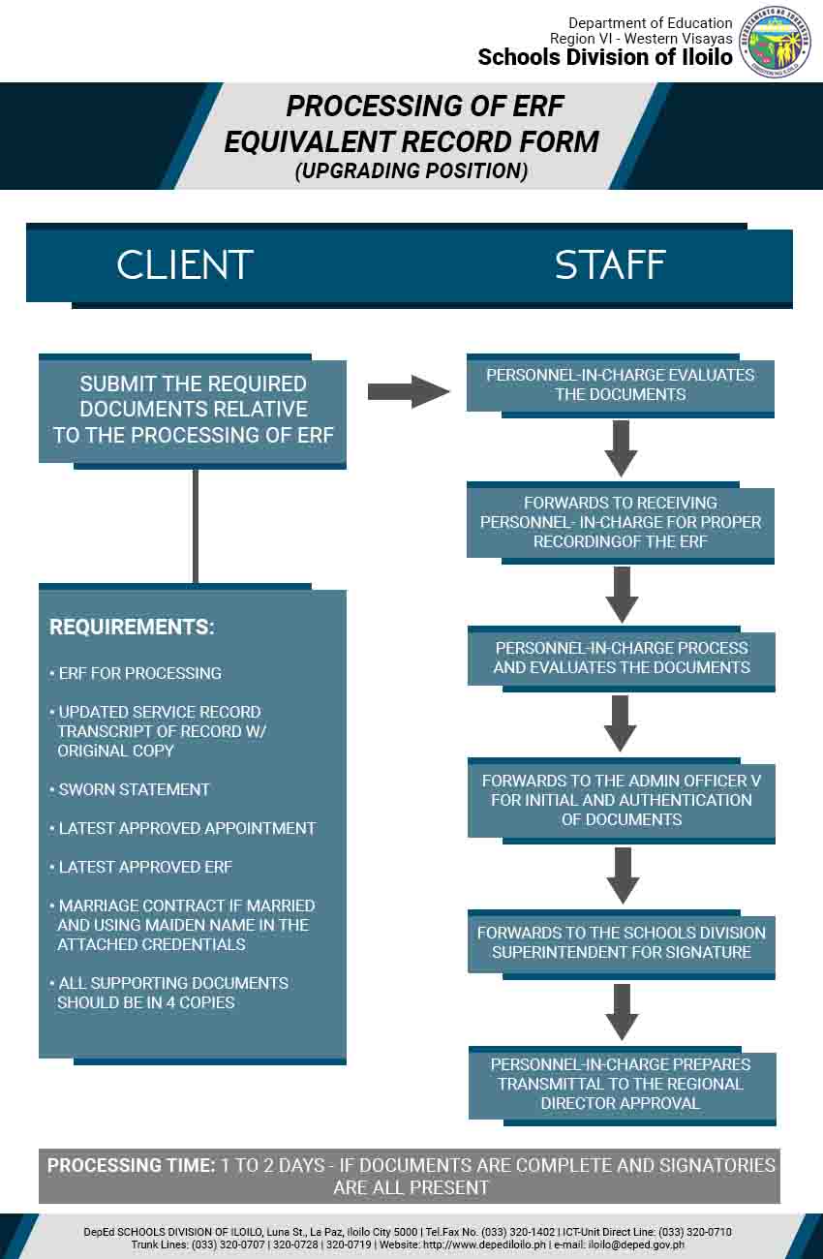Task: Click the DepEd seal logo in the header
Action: pyautogui.click(x=775, y=42)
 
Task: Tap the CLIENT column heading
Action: pyautogui.click(x=185, y=265)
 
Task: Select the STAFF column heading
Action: pyautogui.click(x=610, y=265)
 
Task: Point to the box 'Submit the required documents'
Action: pyautogui.click(x=193, y=410)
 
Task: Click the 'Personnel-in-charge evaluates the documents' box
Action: pyautogui.click(x=620, y=384)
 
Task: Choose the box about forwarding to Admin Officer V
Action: pyautogui.click(x=621, y=800)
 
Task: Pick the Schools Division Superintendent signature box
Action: pyautogui.click(x=621, y=942)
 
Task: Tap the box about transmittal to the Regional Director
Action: pyautogui.click(x=621, y=1084)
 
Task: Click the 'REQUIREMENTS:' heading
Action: pyautogui.click(x=132, y=627)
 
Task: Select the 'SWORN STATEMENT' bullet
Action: pyautogui.click(x=134, y=789)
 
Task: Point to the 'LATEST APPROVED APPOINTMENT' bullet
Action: pyautogui.click(x=187, y=828)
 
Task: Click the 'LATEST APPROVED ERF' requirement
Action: pyautogui.click(x=145, y=867)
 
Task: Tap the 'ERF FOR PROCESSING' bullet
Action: pyautogui.click(x=139, y=673)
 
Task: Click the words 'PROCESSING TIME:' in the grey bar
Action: pyautogui.click(x=131, y=1165)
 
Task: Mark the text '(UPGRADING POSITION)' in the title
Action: pyautogui.click(x=411, y=171)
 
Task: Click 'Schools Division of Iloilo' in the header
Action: pyautogui.click(x=604, y=57)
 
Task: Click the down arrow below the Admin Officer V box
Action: pyautogui.click(x=622, y=875)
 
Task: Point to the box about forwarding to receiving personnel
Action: pyautogui.click(x=621, y=522)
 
